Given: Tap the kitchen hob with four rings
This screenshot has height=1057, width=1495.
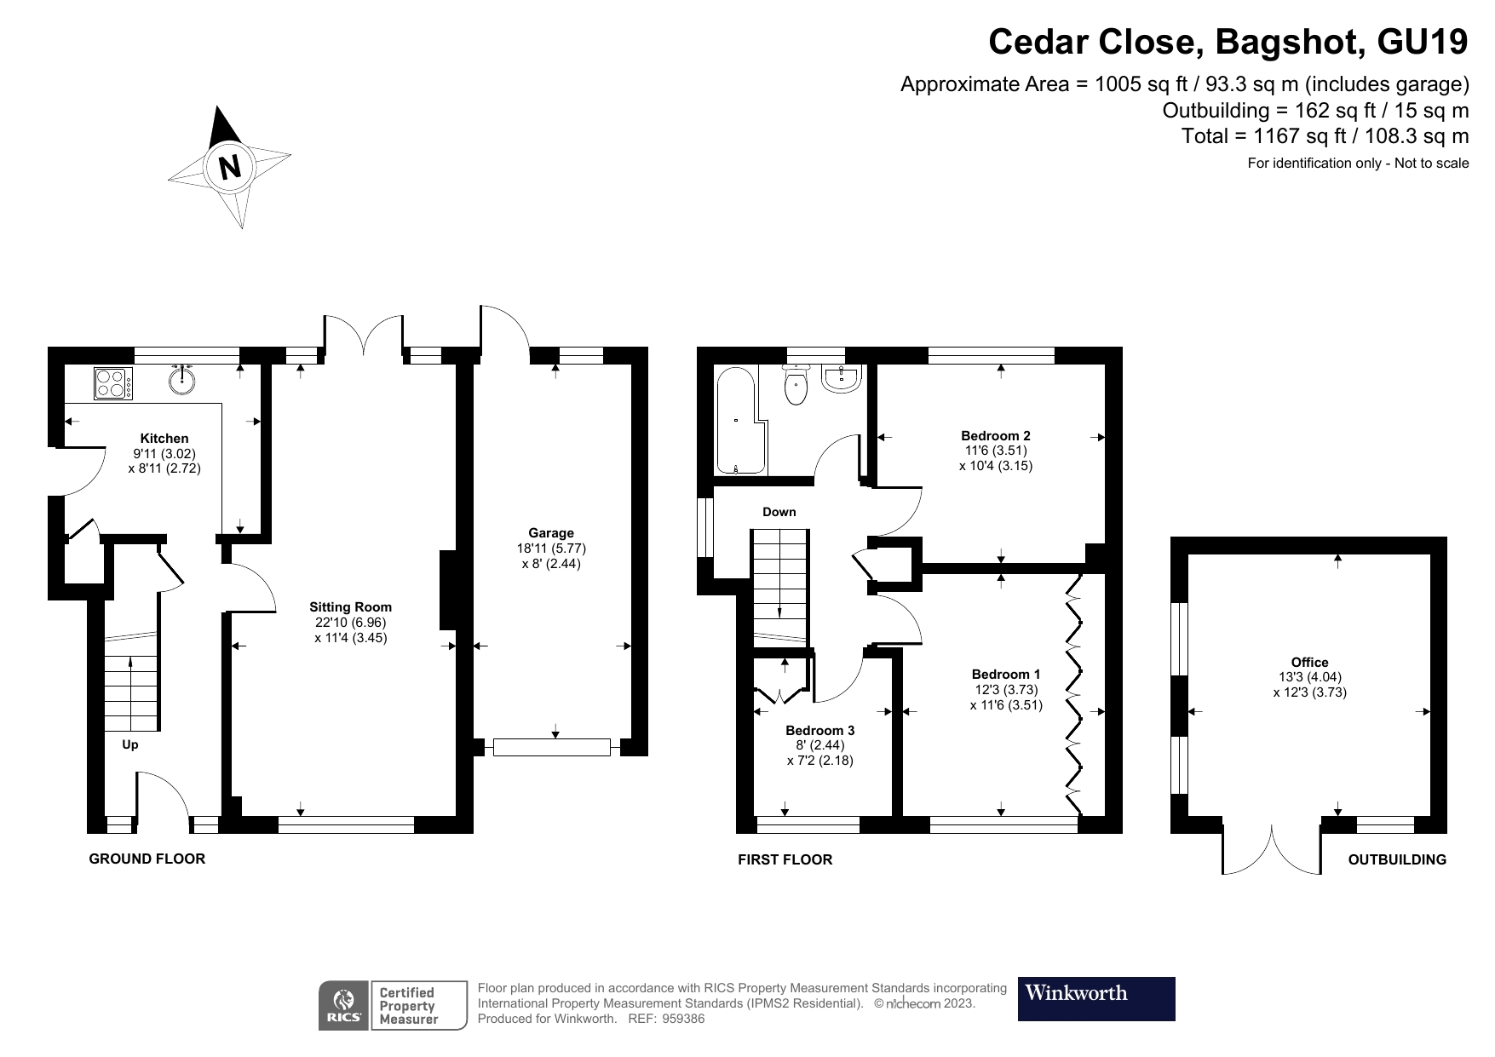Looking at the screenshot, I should coord(112,382).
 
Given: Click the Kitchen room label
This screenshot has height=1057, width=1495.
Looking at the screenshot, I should coord(164,438).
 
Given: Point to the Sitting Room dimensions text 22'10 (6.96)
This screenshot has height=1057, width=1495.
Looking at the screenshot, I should coord(350,622).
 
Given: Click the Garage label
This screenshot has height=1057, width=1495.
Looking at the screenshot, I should coord(551,533).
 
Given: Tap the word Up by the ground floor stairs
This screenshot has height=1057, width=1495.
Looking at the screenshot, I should coord(129,744).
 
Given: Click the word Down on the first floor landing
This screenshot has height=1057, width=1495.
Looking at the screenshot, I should coord(779,512).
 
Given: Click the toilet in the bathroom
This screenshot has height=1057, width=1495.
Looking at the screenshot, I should coord(796,387).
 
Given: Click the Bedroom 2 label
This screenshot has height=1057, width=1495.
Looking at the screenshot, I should coord(995,435).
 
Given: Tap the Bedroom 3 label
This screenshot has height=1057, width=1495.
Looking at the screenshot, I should coord(819,730).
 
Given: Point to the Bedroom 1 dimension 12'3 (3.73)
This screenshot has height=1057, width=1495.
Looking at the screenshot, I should coord(1006,689).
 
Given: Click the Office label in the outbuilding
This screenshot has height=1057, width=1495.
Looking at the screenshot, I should coord(1309,662).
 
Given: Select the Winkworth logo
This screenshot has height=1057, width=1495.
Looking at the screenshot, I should coord(1096,998).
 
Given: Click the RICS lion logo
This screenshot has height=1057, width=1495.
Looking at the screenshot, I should coord(344,1005).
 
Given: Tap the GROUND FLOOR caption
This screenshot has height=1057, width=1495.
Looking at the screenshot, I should coord(147,859).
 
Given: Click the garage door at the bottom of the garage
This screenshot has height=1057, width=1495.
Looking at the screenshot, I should coord(552,748).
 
